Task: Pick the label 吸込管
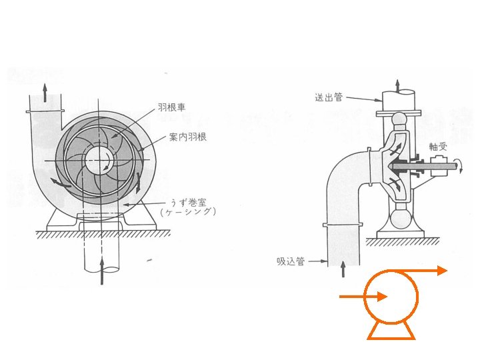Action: click(291, 261)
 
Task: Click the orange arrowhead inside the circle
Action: click(382, 297)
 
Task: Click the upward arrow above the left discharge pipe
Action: click(45, 91)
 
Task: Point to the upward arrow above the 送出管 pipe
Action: click(399, 84)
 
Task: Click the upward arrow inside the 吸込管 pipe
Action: click(343, 269)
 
